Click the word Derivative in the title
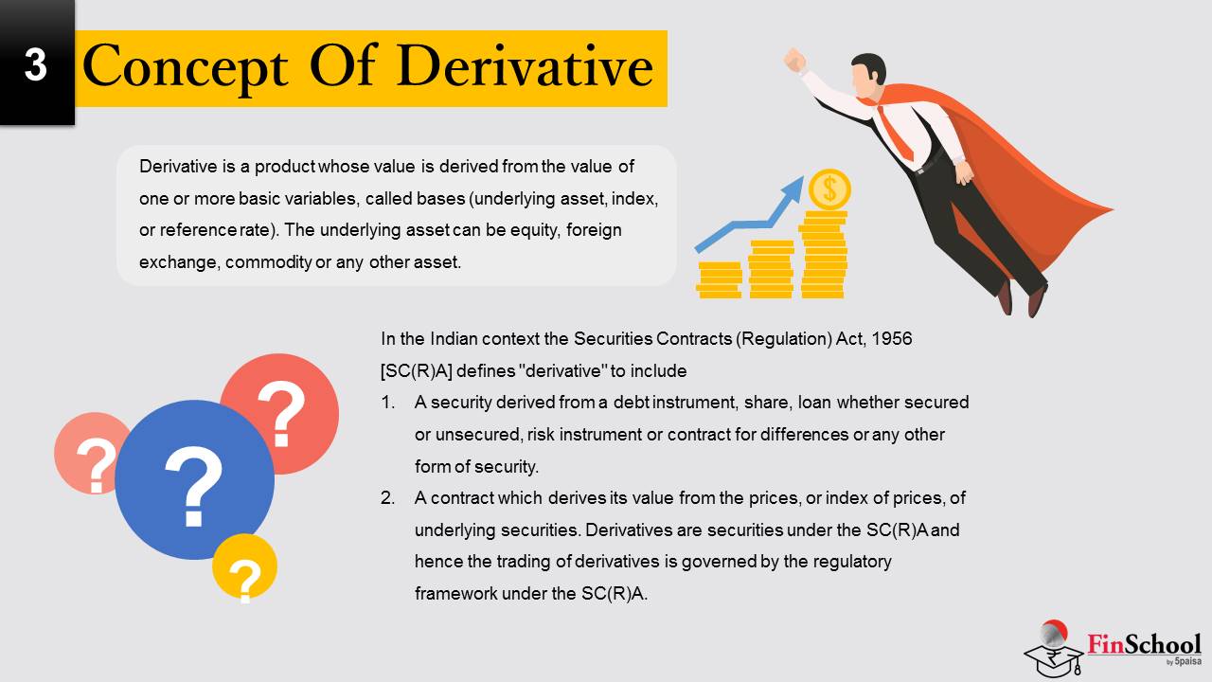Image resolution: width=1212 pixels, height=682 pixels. coord(525,67)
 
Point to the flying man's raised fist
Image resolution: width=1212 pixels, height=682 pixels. coord(794,60)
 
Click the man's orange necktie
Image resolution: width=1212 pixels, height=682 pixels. coord(896,132)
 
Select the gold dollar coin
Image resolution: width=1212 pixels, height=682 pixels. coord(829,189)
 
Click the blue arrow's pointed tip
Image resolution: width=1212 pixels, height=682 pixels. coord(802,177)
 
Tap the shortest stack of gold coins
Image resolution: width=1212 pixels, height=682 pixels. coord(719,279)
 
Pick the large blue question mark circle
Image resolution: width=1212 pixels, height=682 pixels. coord(194,479)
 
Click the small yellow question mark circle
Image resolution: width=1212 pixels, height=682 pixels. coord(244,566)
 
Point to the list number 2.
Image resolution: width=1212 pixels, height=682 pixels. coord(387,498)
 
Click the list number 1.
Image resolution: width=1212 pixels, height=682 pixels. coord(387,403)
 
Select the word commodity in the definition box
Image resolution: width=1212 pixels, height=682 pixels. coord(268,263)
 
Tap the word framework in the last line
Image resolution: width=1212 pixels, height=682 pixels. coord(455,594)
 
